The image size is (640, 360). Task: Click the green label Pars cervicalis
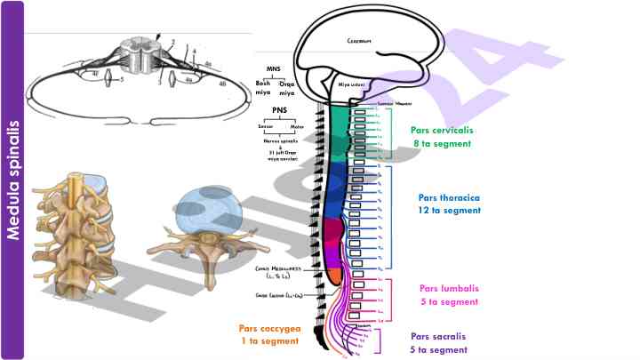[442, 130]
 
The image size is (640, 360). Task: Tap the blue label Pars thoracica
[449, 197]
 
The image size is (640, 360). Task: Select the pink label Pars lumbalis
[449, 288]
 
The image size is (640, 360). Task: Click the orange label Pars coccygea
[269, 328]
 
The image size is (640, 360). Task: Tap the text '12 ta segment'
[449, 211]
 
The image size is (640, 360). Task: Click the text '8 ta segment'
[443, 143]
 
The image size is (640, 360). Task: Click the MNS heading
[274, 68]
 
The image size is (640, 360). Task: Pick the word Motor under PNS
[296, 127]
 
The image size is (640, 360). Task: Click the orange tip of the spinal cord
[335, 276]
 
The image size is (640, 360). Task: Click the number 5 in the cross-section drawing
[122, 80]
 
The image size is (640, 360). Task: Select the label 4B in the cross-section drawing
[222, 83]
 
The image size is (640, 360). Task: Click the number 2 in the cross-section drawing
[172, 43]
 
